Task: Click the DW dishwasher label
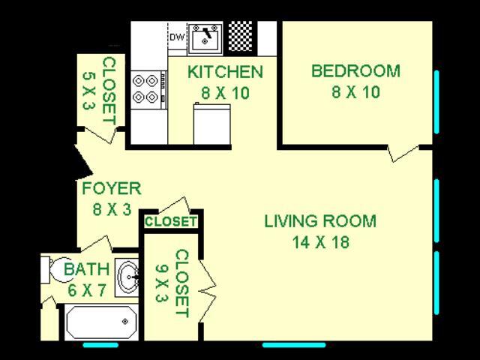click(177, 36)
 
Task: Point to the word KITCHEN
click(224, 73)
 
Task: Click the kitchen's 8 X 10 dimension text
click(224, 94)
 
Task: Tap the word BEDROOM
click(355, 71)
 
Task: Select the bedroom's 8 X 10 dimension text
click(355, 92)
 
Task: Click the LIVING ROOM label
click(320, 221)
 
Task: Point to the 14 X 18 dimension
click(320, 242)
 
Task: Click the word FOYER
click(111, 188)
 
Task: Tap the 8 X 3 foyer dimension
click(111, 209)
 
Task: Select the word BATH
click(86, 269)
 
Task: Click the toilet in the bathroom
click(52, 268)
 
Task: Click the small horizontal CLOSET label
click(170, 222)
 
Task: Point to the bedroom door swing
click(405, 152)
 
